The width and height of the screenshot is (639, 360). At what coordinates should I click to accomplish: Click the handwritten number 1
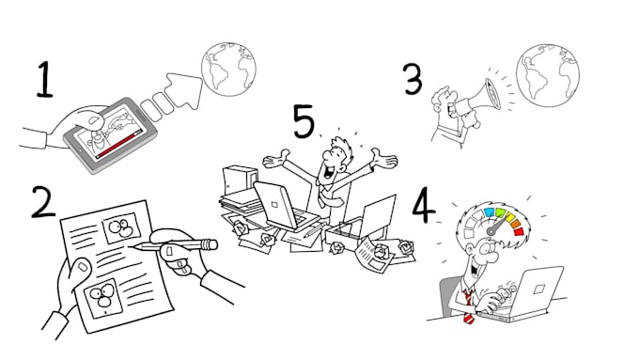point(45,81)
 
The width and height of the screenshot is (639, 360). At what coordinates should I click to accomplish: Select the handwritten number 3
point(413,80)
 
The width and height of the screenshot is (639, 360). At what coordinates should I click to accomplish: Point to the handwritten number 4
point(423,206)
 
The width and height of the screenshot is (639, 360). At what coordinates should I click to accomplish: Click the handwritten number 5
point(303,121)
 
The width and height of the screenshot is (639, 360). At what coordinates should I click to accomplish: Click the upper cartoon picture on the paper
point(119,229)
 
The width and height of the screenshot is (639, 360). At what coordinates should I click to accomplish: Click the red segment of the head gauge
point(518,229)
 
